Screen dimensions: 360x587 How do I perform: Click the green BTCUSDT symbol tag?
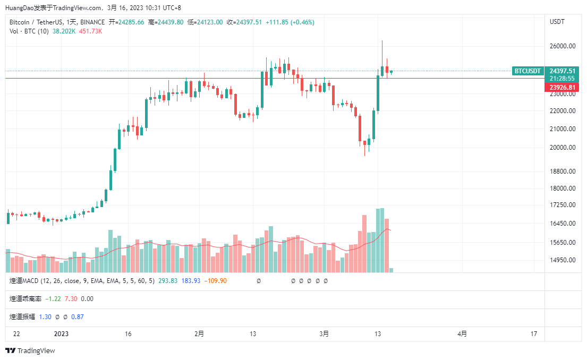coord(528,71)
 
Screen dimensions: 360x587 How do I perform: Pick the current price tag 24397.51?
coord(563,71)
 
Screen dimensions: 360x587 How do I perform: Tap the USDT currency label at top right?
coord(557,22)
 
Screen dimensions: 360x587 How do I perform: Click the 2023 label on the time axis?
coord(62,334)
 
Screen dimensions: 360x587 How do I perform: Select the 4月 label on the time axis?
coord(462,334)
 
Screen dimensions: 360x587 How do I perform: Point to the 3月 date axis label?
coord(324,334)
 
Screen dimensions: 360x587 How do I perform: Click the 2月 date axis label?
coord(199,334)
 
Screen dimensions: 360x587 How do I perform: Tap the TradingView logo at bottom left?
coord(30,351)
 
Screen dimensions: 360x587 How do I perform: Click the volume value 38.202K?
coord(64,31)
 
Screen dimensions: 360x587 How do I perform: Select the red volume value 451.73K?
coord(90,31)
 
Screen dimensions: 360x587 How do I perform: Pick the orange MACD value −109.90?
coord(215,281)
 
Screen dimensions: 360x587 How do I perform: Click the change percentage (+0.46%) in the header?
coord(301,22)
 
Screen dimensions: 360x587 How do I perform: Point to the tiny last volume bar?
coord(392,270)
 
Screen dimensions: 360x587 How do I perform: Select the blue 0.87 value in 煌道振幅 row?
coord(78,317)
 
